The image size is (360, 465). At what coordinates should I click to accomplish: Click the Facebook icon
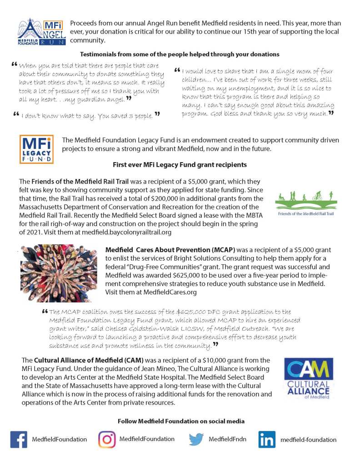[x=18, y=439]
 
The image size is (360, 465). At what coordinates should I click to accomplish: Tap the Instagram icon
[x=107, y=439]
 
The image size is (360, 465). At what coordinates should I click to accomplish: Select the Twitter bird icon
[x=196, y=439]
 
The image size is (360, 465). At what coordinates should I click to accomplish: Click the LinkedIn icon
[x=267, y=439]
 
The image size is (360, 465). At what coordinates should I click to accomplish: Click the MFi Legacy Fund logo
[x=36, y=149]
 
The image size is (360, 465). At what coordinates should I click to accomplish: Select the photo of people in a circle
[x=55, y=273]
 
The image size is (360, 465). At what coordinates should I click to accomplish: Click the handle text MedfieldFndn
[x=227, y=439]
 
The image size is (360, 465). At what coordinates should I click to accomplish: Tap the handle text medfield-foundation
[x=308, y=440]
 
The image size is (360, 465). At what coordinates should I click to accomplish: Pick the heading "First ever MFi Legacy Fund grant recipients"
[x=180, y=164]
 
